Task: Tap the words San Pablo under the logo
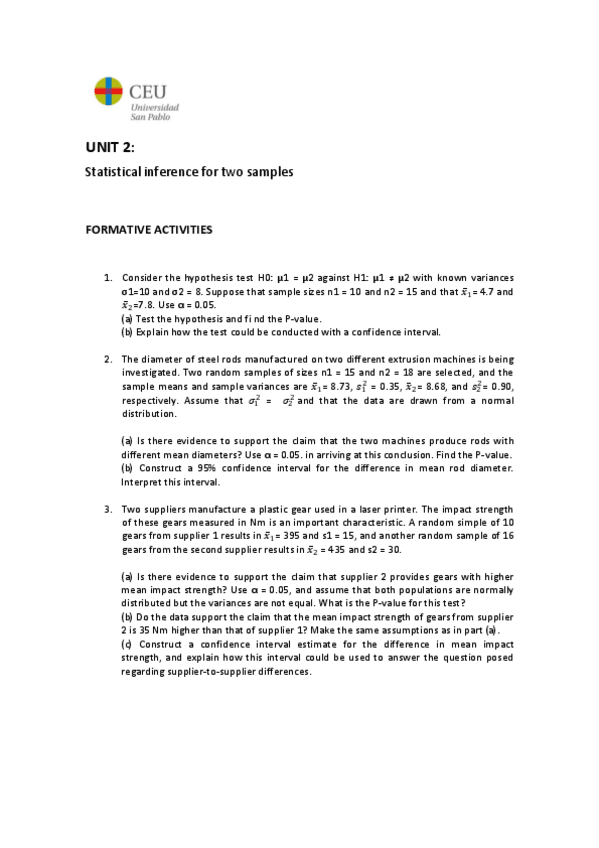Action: tap(150, 117)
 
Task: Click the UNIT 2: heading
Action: tap(109, 148)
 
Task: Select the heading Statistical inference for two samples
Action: tap(188, 172)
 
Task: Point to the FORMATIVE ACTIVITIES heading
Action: tap(148, 230)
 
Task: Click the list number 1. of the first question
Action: tap(109, 277)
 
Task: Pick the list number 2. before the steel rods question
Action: tap(109, 358)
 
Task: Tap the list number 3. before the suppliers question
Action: tap(109, 508)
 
